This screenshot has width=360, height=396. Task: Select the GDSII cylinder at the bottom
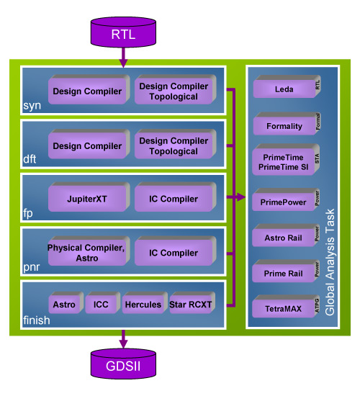pos(122,367)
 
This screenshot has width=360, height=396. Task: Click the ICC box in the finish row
pos(101,305)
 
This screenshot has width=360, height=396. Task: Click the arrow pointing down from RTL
pos(122,56)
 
